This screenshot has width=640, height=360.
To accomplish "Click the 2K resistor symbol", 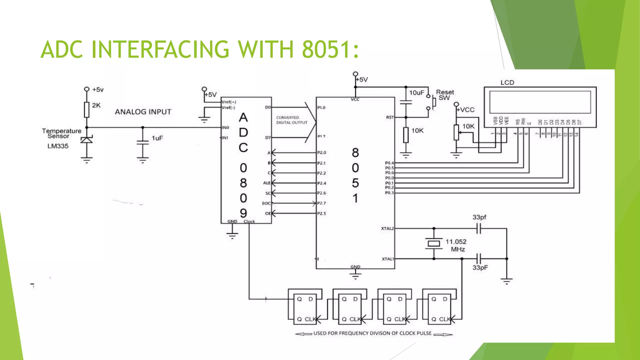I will coord(87,110).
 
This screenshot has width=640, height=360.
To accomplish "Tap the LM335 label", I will coord(58,146).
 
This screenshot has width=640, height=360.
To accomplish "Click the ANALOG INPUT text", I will coord(143,112).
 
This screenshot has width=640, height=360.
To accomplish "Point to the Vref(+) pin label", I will coord(229,102).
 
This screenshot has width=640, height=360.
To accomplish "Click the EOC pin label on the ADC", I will coord(267,203).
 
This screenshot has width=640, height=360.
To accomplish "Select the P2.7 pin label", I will coord(322,203).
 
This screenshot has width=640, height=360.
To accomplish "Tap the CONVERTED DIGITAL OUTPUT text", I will coord(292,120).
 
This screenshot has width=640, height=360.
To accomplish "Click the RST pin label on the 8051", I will coord(390,117).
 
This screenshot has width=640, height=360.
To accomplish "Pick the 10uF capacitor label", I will coord(417,92).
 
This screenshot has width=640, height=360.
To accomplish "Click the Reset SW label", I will coord(445,95).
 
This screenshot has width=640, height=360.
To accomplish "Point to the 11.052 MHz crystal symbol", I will coord(434,243).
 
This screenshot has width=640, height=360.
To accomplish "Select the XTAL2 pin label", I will coord(387,228).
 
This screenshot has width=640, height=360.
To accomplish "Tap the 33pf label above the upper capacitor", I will coord(479,217).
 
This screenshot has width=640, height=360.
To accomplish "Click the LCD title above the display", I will coord(507,82).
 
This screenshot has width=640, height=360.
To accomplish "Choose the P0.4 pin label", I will coord(389,163).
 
